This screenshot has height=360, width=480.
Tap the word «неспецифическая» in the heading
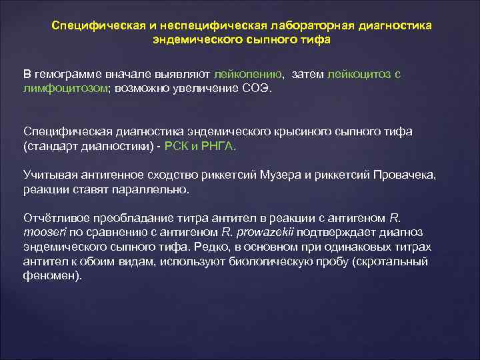(209, 25)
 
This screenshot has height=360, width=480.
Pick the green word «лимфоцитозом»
(58, 89)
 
